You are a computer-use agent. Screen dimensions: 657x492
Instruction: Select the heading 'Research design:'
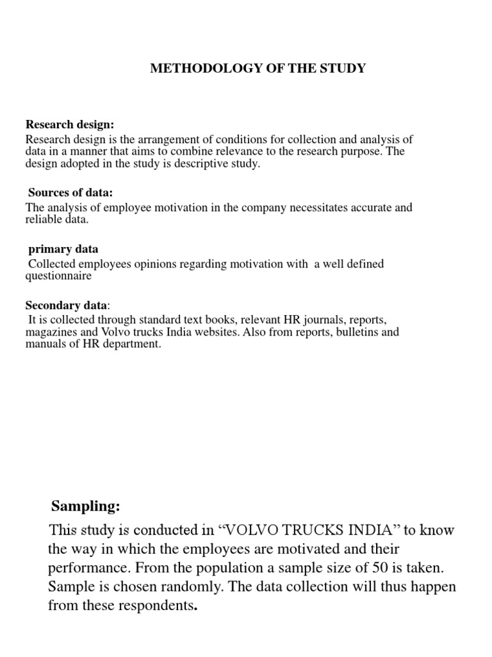pos(69,124)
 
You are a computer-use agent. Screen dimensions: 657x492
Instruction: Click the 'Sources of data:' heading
pos(70,192)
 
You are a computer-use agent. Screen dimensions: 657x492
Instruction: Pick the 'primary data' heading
pos(63,249)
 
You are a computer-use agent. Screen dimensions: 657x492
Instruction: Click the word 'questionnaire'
pos(58,277)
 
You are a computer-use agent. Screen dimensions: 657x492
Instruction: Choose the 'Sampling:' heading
pos(85,507)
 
